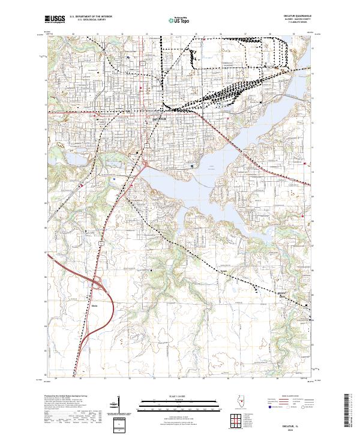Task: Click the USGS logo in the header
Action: [55, 19]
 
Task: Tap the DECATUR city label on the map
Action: [158, 120]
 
